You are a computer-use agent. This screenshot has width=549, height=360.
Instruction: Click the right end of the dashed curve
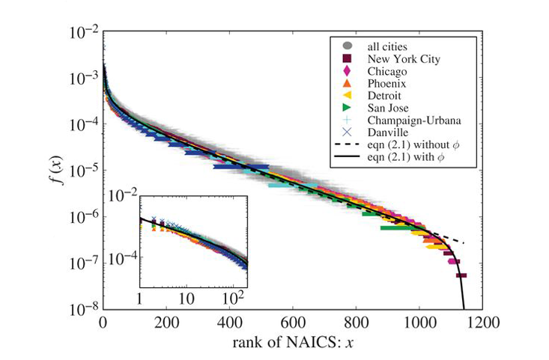click(x=464, y=243)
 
